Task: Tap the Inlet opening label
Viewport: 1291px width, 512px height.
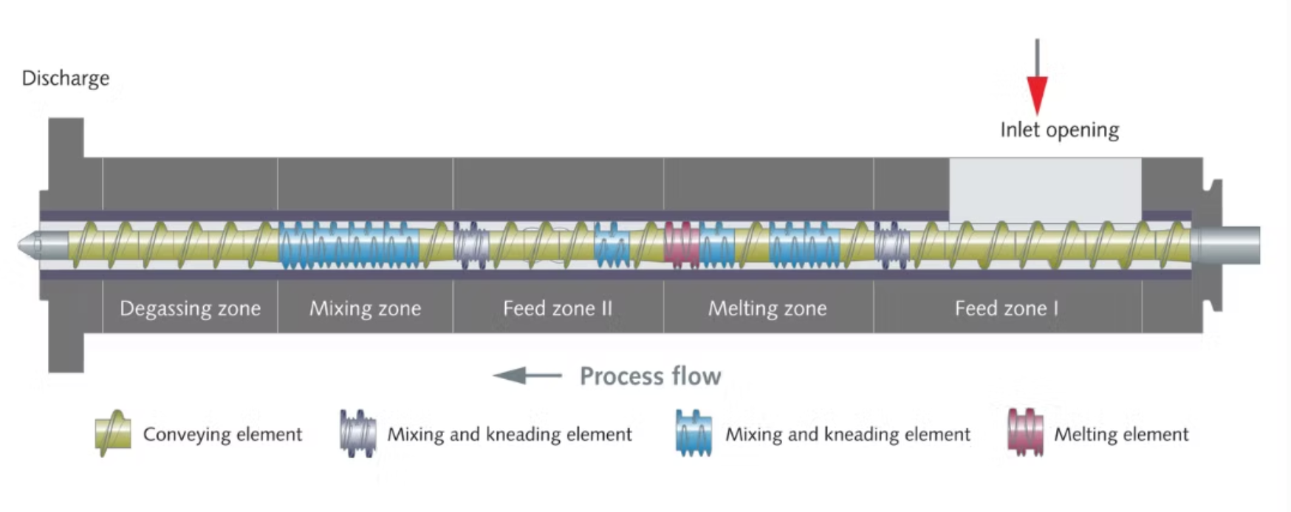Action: (1059, 130)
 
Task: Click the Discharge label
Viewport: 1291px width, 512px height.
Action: (65, 78)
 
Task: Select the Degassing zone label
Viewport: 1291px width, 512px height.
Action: (190, 308)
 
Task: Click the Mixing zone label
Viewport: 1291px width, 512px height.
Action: (365, 308)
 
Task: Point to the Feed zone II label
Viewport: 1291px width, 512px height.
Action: (558, 308)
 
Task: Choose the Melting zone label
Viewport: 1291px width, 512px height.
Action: (767, 308)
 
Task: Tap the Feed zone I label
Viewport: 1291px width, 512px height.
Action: (1006, 308)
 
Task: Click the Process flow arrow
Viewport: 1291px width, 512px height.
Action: (527, 375)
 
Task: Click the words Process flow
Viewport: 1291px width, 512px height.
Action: (650, 376)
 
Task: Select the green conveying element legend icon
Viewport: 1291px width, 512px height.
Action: (113, 433)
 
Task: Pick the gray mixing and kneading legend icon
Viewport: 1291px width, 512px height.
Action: (357, 434)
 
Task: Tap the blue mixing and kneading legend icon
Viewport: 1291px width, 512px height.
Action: (694, 434)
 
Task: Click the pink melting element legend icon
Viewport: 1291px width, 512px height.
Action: (1026, 433)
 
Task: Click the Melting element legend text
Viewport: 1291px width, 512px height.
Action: (1120, 434)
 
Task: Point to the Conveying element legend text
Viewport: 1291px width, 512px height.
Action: (222, 434)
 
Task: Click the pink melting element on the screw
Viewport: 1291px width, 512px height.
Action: (682, 245)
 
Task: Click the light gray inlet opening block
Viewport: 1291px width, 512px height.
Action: (1044, 189)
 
